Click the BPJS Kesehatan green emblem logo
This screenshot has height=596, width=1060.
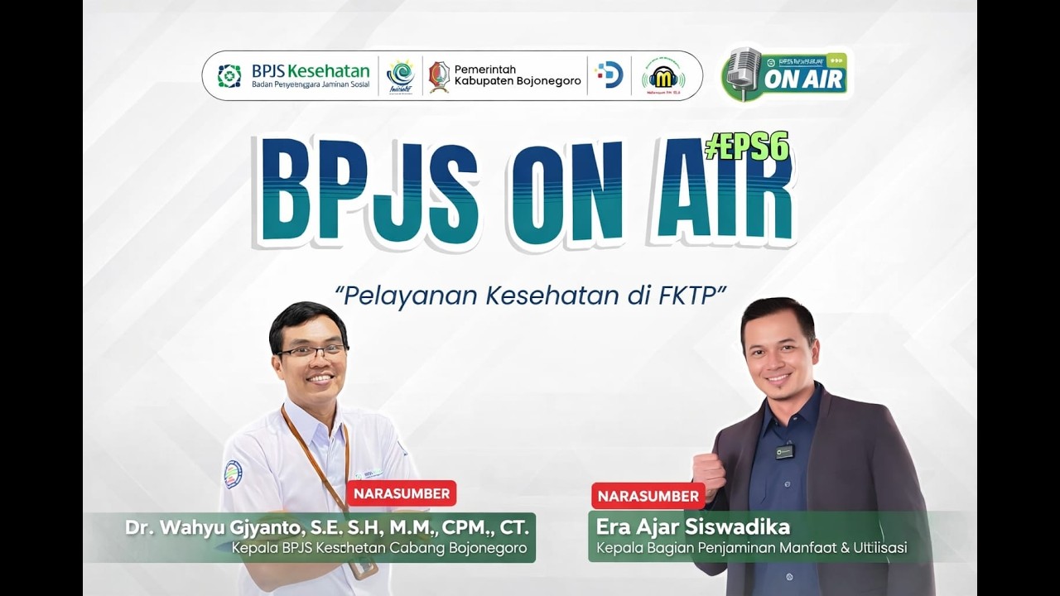tap(229, 76)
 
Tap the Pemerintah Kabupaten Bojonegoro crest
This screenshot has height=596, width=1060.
tap(439, 76)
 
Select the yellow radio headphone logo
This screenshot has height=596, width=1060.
tap(662, 76)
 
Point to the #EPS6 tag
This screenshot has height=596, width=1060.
tap(746, 147)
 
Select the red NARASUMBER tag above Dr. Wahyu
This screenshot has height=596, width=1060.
tap(402, 493)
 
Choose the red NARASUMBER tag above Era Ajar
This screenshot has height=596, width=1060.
tap(648, 496)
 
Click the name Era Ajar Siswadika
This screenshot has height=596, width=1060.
tap(692, 526)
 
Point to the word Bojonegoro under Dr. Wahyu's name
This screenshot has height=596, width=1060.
tap(488, 548)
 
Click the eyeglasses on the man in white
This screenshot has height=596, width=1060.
tap(311, 351)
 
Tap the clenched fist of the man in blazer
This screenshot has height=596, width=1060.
tap(708, 473)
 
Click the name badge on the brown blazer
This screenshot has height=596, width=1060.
tap(784, 451)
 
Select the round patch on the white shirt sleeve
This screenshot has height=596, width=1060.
tap(233, 474)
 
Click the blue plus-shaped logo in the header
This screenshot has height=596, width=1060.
tap(609, 75)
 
